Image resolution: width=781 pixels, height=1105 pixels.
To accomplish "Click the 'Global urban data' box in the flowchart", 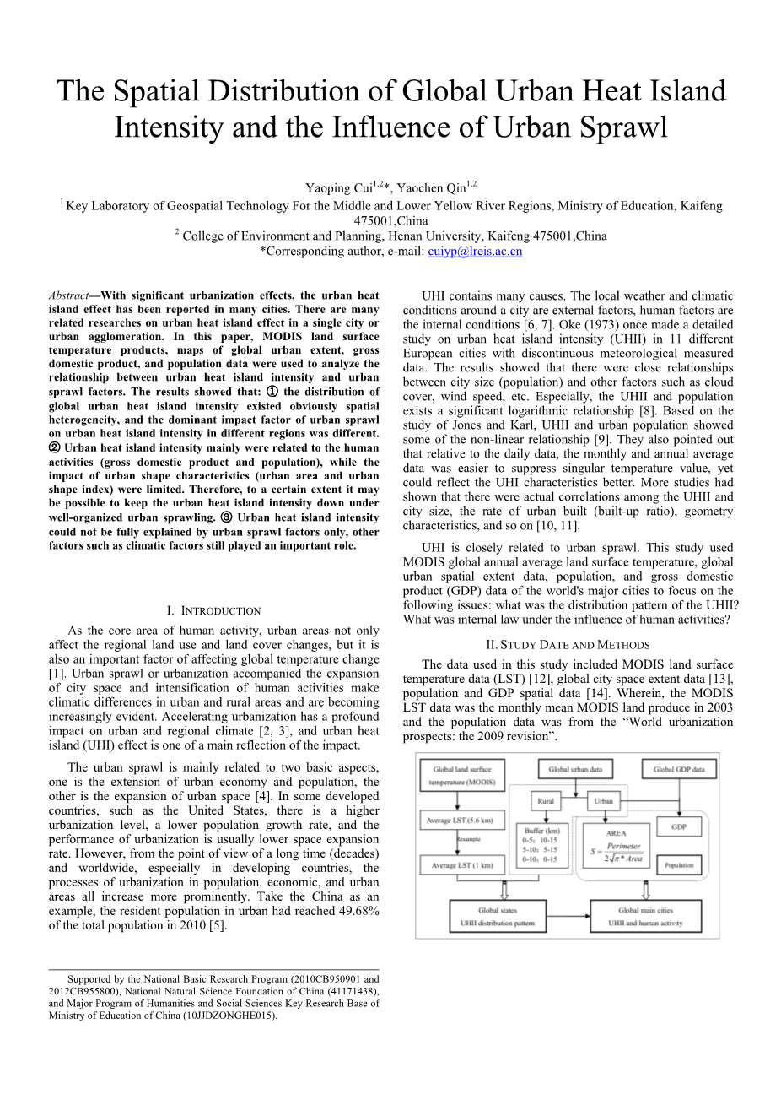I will pyautogui.click(x=575, y=770).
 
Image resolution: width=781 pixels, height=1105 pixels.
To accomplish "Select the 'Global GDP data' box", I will pyautogui.click(x=678, y=770).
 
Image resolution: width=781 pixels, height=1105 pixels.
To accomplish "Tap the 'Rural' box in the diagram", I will pyautogui.click(x=546, y=801).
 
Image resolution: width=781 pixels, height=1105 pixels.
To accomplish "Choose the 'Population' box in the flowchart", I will pyautogui.click(x=678, y=864).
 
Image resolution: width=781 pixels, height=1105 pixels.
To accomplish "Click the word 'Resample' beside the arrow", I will pyautogui.click(x=469, y=840).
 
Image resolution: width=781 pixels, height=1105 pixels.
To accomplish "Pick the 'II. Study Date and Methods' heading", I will pyautogui.click(x=568, y=645).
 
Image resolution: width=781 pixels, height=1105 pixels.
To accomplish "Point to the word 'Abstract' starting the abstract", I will pyautogui.click(x=68, y=295).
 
